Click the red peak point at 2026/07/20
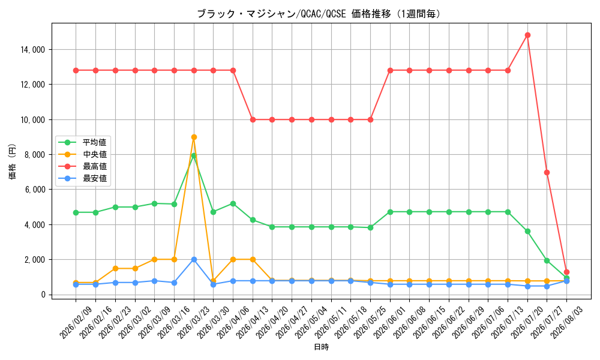[527, 35]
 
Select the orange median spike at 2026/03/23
[194, 137]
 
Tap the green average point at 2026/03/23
[194, 156]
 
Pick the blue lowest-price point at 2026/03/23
[194, 259]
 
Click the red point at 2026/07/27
[547, 173]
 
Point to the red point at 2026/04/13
[253, 120]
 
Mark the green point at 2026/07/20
[527, 232]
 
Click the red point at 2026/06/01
[390, 70]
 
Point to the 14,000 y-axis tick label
[33, 50]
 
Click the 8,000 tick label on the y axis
[34, 155]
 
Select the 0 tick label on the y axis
[43, 295]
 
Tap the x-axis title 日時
[322, 347]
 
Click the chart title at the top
[319, 14]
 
